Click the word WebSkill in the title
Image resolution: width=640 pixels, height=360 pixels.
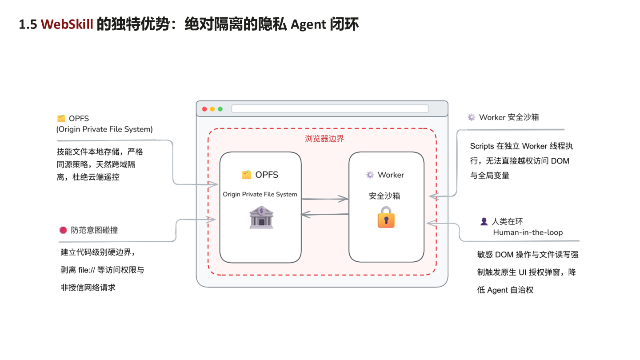coord(67,24)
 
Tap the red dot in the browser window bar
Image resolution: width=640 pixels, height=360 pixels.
coord(204,109)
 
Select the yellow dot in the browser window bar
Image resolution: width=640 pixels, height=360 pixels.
coord(212,109)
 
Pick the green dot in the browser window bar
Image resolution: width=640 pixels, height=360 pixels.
coord(220,109)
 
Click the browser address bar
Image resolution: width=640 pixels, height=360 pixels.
coord(330,109)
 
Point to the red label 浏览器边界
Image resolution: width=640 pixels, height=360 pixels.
coord(324,139)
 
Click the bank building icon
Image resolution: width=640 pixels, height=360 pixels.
coord(261,217)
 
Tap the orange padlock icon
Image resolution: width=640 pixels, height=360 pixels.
coord(386,217)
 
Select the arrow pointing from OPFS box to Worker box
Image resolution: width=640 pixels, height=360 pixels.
coord(325,199)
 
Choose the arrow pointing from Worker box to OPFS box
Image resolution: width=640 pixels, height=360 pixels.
coord(325,214)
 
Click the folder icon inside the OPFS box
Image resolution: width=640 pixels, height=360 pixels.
coord(247,175)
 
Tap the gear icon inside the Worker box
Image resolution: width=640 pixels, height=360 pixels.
coord(370,175)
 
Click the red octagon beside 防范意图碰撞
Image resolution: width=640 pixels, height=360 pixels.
coord(63,230)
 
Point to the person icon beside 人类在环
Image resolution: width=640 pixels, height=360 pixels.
coord(484,221)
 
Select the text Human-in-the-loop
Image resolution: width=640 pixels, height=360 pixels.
coord(528,232)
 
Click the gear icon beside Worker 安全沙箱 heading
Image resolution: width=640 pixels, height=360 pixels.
coord(472,117)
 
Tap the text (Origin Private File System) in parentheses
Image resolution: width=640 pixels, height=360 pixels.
coord(104,129)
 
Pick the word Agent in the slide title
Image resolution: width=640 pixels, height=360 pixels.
coord(308,24)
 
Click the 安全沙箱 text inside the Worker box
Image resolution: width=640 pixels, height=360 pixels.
coord(384,196)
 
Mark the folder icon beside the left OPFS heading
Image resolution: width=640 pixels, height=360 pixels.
coord(61,118)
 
